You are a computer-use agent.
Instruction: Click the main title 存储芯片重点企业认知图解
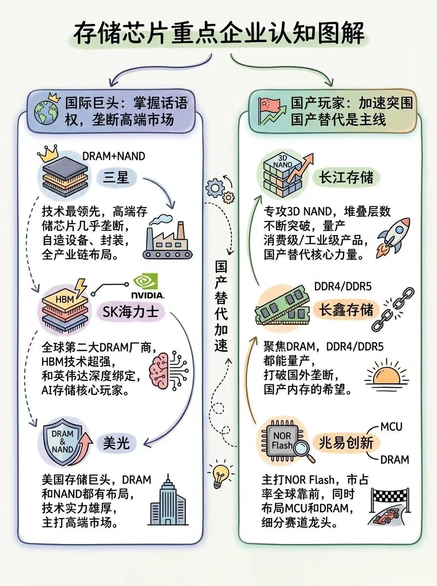click(x=218, y=34)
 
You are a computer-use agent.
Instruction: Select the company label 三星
click(x=116, y=177)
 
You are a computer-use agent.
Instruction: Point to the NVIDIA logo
click(x=147, y=288)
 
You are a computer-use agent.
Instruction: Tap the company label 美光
click(x=116, y=442)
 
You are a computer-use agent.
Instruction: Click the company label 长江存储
click(x=346, y=177)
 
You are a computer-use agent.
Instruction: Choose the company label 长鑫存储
click(x=346, y=310)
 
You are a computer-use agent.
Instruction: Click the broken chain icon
click(x=394, y=309)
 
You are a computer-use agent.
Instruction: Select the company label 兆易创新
click(x=346, y=442)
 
